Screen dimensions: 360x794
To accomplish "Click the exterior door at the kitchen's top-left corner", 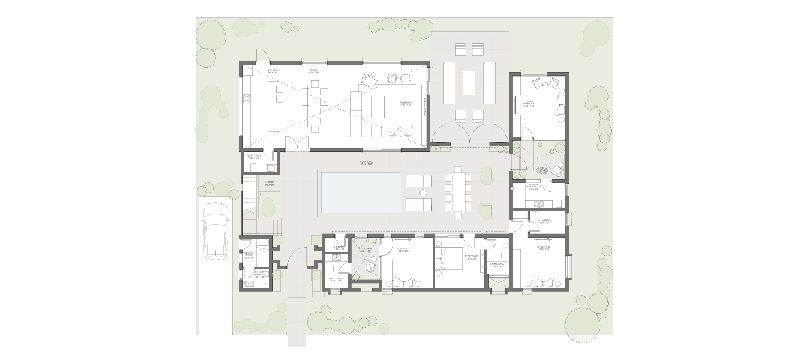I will (259, 56).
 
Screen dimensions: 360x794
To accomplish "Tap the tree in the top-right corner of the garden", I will (595, 34).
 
